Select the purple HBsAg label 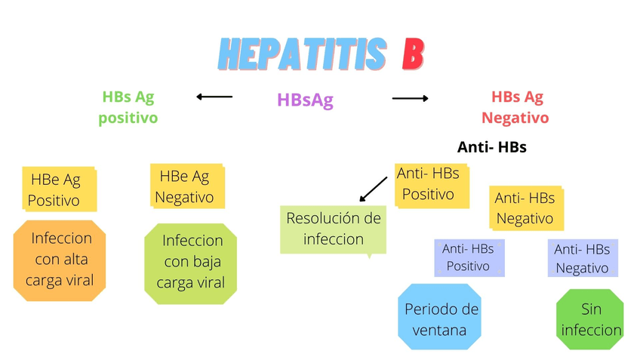coord(305,100)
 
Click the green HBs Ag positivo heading coord(128,107)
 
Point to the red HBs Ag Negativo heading coord(516,107)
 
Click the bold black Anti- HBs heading coord(491,147)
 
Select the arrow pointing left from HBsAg coord(214,97)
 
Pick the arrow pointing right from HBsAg coord(410,98)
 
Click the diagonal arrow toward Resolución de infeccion coord(374,189)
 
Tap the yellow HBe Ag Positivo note coord(57,189)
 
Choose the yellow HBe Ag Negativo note coord(186,186)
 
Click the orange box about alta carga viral coord(60,260)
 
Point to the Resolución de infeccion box coord(333,229)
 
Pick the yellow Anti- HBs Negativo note coord(525,208)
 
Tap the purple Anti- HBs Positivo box coord(468,257)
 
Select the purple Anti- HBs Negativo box coord(582,258)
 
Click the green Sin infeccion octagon coord(590,319)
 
